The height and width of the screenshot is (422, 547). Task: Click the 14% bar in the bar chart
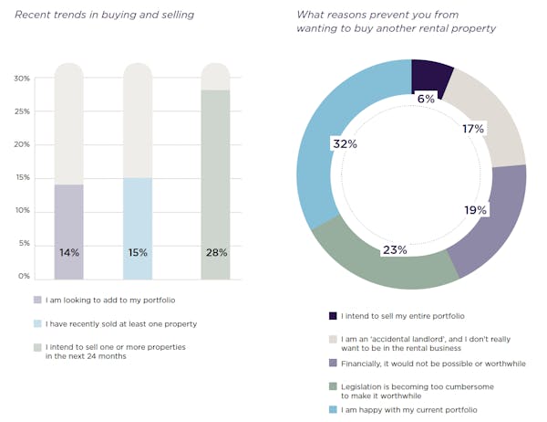click(x=68, y=233)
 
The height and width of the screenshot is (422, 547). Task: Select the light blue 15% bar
click(x=138, y=228)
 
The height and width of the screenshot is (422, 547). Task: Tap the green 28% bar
click(x=215, y=183)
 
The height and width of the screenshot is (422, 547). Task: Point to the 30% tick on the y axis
click(x=20, y=79)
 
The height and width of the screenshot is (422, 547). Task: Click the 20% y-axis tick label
click(x=20, y=144)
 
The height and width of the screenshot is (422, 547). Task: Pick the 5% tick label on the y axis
click(x=22, y=244)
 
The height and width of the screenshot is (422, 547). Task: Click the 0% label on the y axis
click(x=23, y=276)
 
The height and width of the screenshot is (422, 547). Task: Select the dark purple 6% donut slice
click(x=430, y=77)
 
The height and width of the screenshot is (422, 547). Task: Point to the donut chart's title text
click(x=397, y=21)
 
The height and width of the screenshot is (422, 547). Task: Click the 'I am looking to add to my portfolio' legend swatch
click(x=37, y=300)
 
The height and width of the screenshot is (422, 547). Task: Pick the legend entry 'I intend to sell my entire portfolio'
click(x=401, y=316)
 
